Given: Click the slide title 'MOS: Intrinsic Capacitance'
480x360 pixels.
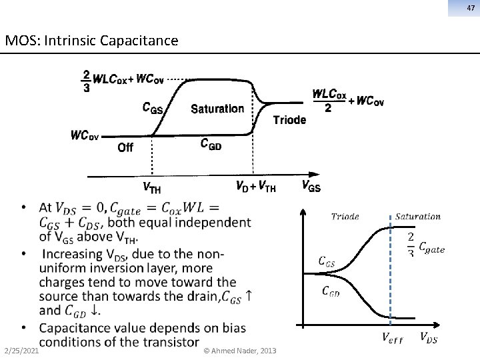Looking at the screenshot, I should [91, 41].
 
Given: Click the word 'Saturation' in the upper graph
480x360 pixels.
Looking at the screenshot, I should [217, 109].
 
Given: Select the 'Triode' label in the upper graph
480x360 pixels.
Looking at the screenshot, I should [289, 120].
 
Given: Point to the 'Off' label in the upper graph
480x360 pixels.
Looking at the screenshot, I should [125, 147].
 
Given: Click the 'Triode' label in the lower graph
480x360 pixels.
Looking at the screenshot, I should [345, 216].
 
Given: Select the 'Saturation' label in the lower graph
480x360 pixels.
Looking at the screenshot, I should [418, 216].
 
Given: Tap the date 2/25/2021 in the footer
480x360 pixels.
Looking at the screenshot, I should [20, 351].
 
